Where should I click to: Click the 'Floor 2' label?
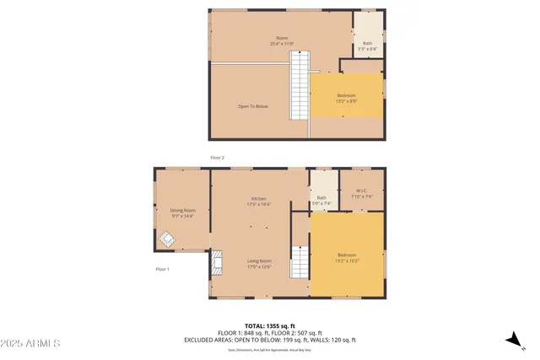click(x=217, y=158)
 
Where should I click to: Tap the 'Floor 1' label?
click(x=162, y=269)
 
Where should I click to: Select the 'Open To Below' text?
click(x=252, y=106)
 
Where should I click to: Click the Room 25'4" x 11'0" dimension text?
click(x=282, y=43)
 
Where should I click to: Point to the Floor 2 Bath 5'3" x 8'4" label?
click(x=367, y=46)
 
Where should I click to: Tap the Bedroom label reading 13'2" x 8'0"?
click(x=346, y=99)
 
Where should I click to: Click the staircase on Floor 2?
click(x=300, y=84)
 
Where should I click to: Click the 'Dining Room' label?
click(x=183, y=213)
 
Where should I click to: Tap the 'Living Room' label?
click(x=258, y=264)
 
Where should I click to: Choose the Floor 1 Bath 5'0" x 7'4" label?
click(x=321, y=201)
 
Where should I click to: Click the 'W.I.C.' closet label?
click(x=364, y=193)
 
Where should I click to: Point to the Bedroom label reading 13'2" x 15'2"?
click(x=347, y=258)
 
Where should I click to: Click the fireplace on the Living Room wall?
click(x=217, y=263)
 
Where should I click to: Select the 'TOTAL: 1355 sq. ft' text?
click(x=270, y=325)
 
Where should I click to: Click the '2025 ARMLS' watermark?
click(x=31, y=344)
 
